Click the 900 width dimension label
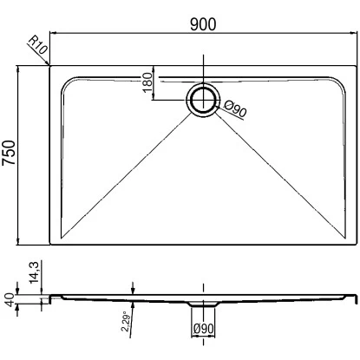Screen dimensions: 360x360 [203, 24]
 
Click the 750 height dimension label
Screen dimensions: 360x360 [9, 153]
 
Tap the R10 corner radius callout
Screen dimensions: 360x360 [37, 45]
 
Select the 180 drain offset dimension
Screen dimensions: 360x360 [147, 82]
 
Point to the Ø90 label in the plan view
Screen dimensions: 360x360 [235, 108]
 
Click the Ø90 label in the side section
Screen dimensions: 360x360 [204, 329]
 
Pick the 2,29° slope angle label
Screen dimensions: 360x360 [125, 321]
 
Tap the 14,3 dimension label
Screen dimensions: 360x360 [34, 272]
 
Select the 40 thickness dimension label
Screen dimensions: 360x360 [10, 300]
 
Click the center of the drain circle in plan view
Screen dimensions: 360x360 [204, 100]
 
